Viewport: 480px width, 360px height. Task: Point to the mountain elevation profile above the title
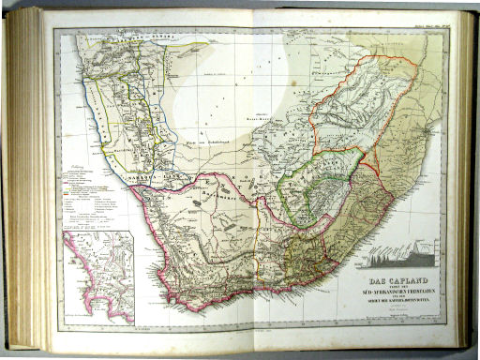(397, 256)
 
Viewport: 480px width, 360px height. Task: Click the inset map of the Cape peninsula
(98, 277)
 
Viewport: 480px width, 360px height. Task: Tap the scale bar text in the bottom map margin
(150, 324)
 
